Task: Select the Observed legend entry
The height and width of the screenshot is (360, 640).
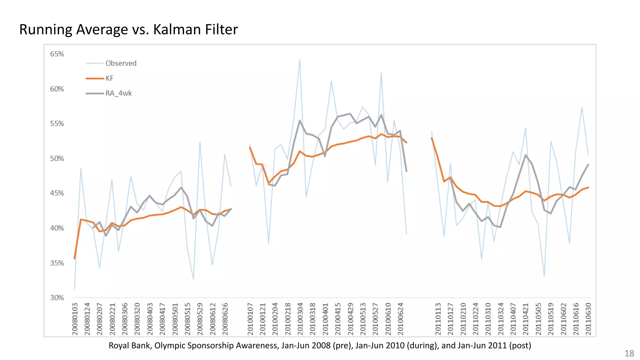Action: pyautogui.click(x=121, y=63)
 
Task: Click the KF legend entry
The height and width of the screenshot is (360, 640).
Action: pyautogui.click(x=109, y=78)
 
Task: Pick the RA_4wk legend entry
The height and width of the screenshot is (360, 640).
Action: pyautogui.click(x=118, y=93)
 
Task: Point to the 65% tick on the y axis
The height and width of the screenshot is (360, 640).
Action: pyautogui.click(x=57, y=54)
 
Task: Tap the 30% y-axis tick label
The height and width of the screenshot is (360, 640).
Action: pyautogui.click(x=57, y=298)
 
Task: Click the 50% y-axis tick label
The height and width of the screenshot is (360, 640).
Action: pyautogui.click(x=57, y=159)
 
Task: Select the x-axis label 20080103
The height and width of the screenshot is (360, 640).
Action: pyautogui.click(x=75, y=319)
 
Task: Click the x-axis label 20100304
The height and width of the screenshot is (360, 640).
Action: pyautogui.click(x=300, y=319)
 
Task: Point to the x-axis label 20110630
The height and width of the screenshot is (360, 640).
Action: pyautogui.click(x=588, y=319)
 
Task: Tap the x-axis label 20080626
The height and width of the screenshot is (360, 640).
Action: pyautogui.click(x=225, y=319)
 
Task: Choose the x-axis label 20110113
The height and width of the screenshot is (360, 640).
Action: pyautogui.click(x=438, y=319)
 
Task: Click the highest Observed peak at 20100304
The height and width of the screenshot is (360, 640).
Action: pyautogui.click(x=300, y=60)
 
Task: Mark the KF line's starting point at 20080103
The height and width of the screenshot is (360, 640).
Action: pyautogui.click(x=74, y=258)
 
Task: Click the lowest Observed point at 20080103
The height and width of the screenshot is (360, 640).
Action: pyautogui.click(x=74, y=288)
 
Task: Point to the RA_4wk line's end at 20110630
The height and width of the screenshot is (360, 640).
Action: pyautogui.click(x=588, y=164)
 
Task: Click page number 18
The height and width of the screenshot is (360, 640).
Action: pyautogui.click(x=629, y=353)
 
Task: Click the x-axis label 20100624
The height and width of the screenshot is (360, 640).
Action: pyautogui.click(x=401, y=319)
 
